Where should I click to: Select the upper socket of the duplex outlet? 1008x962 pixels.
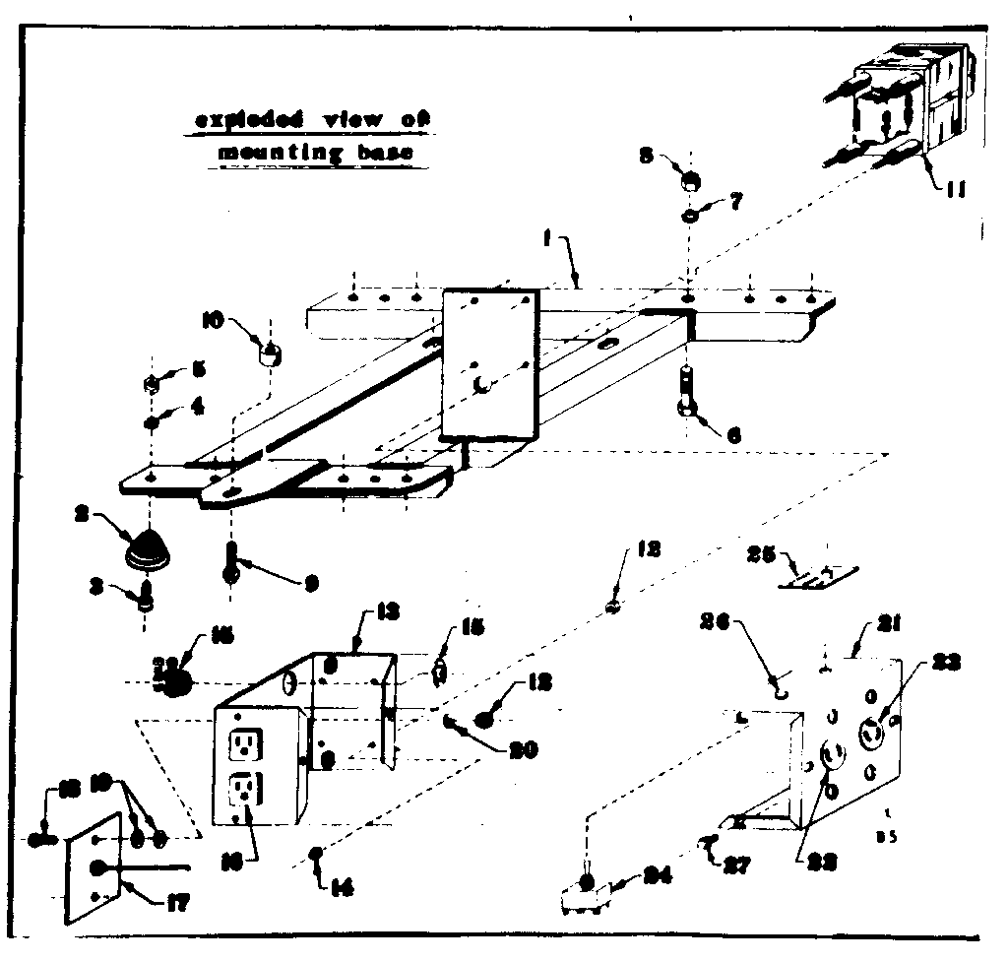242,743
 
